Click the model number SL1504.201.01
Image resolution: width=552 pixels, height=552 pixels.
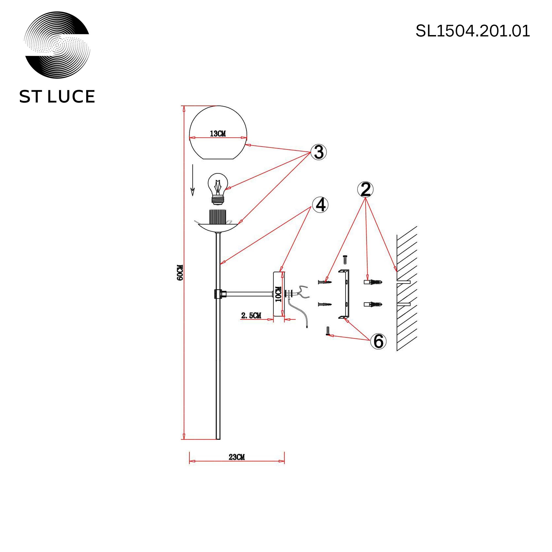(473, 31)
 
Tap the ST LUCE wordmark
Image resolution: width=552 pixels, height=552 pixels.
(57, 97)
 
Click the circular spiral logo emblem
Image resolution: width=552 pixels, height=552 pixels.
(57, 45)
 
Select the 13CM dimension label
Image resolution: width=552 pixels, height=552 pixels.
(218, 133)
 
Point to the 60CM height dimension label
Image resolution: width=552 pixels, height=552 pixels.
(180, 273)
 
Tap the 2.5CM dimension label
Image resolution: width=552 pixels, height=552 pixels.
(251, 316)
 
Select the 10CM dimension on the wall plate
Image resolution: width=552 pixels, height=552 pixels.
(278, 294)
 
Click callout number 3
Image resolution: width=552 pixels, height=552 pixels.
(319, 152)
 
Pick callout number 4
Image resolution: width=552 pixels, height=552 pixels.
(320, 205)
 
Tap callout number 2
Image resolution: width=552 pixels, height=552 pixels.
(365, 189)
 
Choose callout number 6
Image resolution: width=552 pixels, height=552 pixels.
(378, 341)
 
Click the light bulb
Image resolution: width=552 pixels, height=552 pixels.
(218, 189)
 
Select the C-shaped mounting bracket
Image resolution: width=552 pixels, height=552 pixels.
(344, 294)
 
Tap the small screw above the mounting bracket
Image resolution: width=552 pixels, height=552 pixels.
(345, 259)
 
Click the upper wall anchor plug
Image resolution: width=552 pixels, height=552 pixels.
(373, 282)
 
